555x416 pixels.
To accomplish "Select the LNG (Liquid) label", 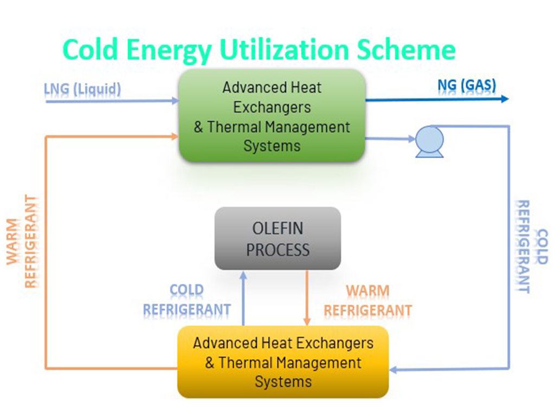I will click(x=82, y=88).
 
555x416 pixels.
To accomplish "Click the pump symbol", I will click(x=429, y=141).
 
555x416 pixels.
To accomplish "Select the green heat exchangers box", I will click(x=272, y=116).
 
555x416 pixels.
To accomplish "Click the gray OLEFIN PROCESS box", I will click(x=277, y=238).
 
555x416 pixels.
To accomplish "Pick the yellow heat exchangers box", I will click(x=283, y=361).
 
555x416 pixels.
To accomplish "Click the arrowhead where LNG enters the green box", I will click(x=175, y=101).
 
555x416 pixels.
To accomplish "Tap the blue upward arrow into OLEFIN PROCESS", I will click(x=243, y=298).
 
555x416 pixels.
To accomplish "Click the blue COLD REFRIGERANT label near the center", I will click(x=187, y=300).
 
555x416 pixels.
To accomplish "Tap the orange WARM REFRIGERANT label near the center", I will click(x=368, y=301).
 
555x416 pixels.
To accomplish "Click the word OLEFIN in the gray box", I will click(x=277, y=229).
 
